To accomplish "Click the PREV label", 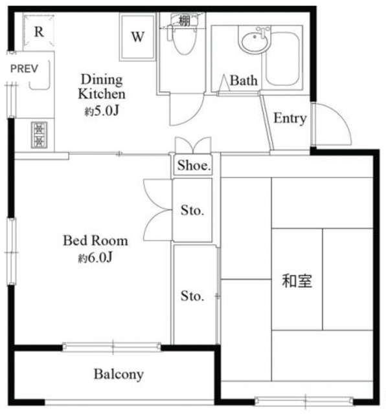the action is pyautogui.click(x=24, y=69).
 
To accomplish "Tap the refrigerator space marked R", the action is pyautogui.click(x=39, y=32).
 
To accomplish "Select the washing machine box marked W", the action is pyautogui.click(x=137, y=37).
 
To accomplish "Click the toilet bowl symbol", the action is pyautogui.click(x=185, y=40).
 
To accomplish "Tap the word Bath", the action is pyautogui.click(x=244, y=80).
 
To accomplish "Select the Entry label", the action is pyautogui.click(x=289, y=118).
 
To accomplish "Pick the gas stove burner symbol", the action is pyautogui.click(x=39, y=135).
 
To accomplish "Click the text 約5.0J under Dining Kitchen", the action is pyautogui.click(x=102, y=111).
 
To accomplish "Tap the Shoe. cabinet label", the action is pyautogui.click(x=194, y=166).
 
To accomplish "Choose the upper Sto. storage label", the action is pyautogui.click(x=192, y=210).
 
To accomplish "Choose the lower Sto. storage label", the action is pyautogui.click(x=192, y=296).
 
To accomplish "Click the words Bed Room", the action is pyautogui.click(x=95, y=241).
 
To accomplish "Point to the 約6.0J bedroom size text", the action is pyautogui.click(x=95, y=257).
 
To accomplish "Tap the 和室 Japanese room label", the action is pyautogui.click(x=297, y=281).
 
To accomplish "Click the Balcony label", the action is pyautogui.click(x=119, y=374).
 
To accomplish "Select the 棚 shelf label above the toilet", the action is pyautogui.click(x=185, y=21).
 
